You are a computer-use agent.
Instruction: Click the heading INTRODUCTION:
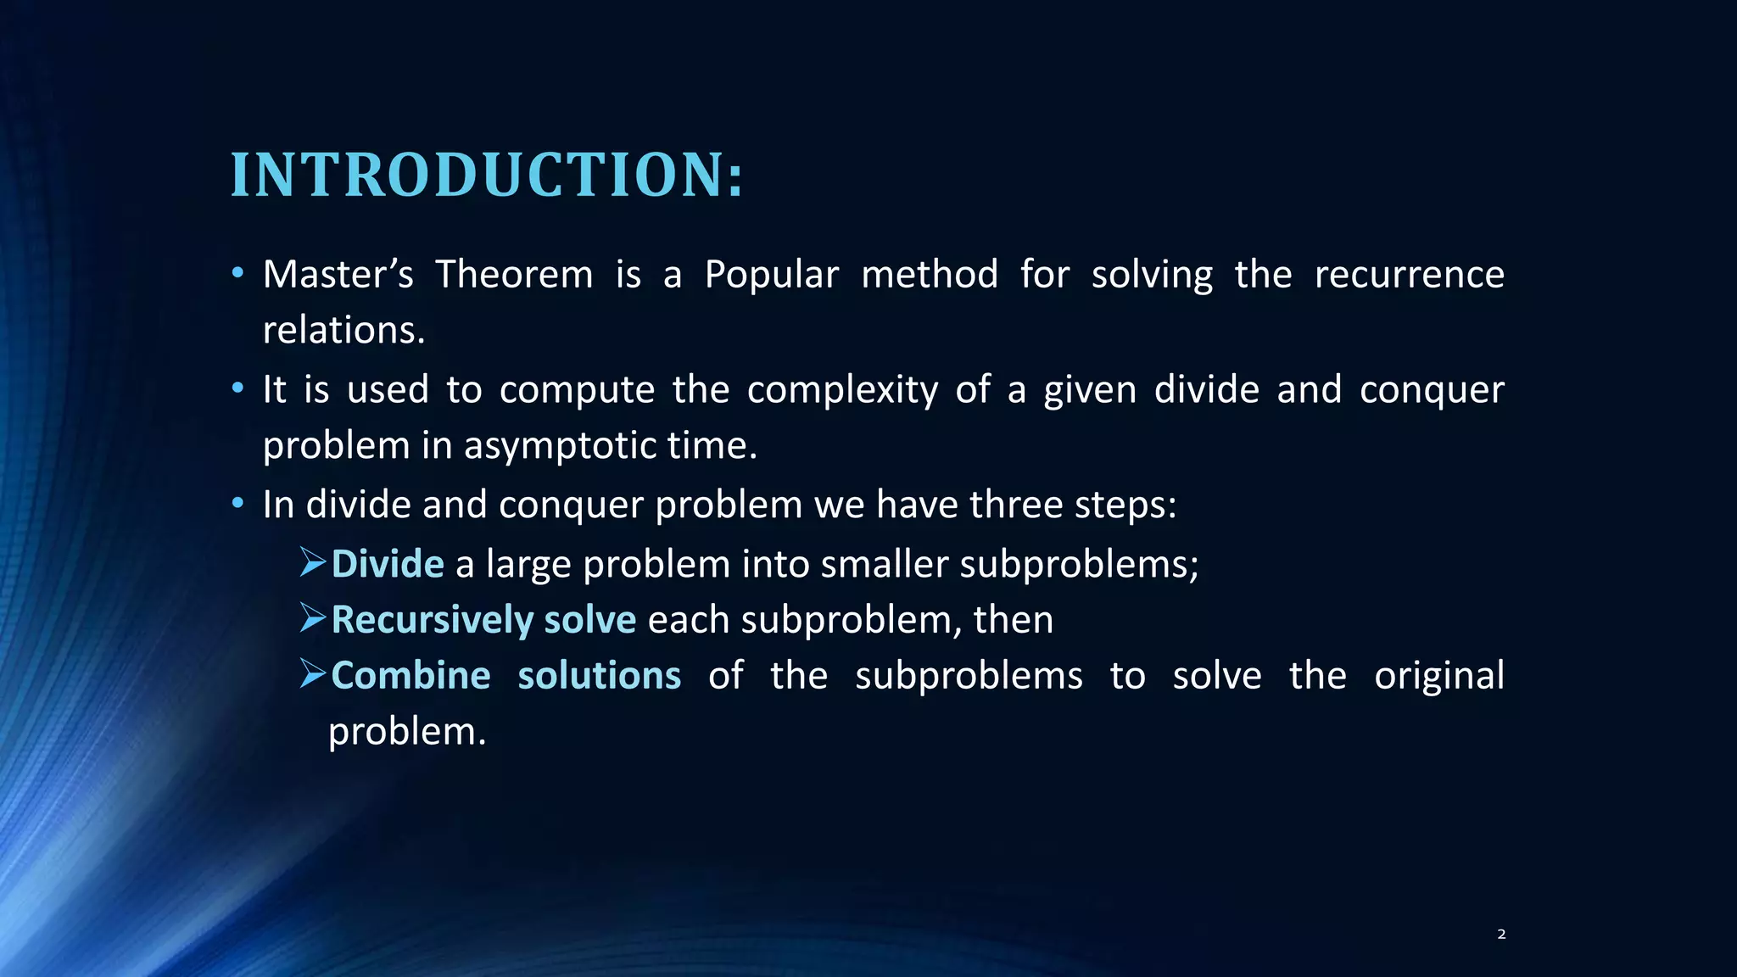pos(487,176)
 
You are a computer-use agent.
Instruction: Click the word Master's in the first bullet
pos(338,275)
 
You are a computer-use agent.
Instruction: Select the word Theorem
pos(514,275)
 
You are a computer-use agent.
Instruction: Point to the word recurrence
pos(1409,275)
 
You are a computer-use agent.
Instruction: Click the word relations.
pos(343,330)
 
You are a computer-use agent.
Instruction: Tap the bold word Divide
pos(388,564)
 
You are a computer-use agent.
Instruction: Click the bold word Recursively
pos(432,620)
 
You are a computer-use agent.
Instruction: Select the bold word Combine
pos(411,676)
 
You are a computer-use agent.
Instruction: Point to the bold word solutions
pos(599,676)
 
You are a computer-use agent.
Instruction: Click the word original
pos(1438,676)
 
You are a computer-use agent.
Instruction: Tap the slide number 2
pos(1501,934)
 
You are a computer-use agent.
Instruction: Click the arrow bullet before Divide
pos(313,563)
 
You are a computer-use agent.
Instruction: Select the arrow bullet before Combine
pos(313,675)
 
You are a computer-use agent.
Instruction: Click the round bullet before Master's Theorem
pos(238,274)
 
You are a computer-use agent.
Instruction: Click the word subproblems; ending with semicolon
pos(1079,564)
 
